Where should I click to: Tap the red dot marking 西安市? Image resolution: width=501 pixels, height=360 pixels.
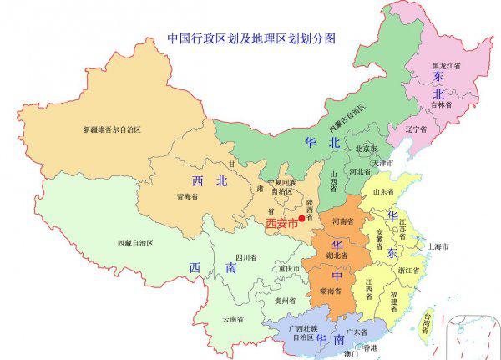coord(301,218)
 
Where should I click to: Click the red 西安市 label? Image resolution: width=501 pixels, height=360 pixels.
coord(281,223)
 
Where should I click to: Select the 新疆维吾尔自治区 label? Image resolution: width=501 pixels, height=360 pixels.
coord(111,130)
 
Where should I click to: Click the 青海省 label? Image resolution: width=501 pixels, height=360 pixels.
coord(189,199)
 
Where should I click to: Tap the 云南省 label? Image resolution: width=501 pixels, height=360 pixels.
coord(233,319)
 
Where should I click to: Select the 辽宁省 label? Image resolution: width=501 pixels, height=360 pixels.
coord(416,130)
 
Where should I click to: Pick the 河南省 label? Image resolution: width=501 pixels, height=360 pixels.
coord(343,222)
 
